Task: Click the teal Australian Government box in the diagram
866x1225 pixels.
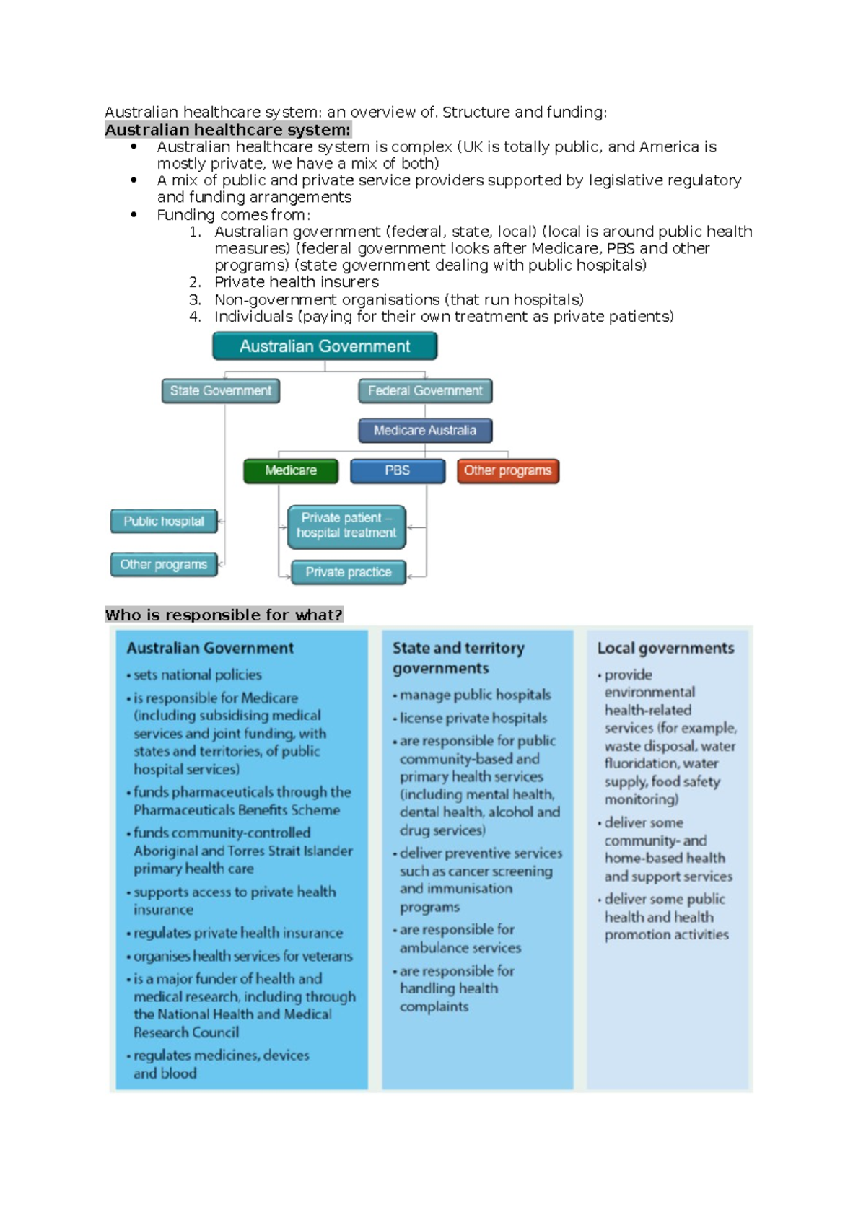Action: [x=325, y=346]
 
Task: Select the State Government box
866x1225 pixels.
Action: [x=221, y=391]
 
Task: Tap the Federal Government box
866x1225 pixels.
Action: [x=425, y=391]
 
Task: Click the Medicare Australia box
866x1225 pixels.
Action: [x=425, y=431]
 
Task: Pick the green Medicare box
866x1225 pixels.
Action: [x=291, y=470]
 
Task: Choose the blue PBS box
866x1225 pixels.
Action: [x=398, y=470]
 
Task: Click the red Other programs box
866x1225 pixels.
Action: [x=507, y=470]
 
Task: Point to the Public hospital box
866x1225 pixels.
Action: [x=164, y=521]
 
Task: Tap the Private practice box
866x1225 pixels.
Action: [x=348, y=572]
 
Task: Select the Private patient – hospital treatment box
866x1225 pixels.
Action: [x=346, y=525]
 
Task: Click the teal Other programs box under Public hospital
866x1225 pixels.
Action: [x=164, y=564]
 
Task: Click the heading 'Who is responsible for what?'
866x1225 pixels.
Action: [x=224, y=615]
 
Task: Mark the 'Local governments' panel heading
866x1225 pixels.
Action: [x=665, y=648]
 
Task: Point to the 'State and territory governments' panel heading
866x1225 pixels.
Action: [x=458, y=658]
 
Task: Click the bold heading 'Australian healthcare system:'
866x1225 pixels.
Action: [x=227, y=130]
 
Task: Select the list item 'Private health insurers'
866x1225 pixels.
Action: [x=296, y=282]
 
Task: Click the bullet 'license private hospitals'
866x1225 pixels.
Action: [x=473, y=718]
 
